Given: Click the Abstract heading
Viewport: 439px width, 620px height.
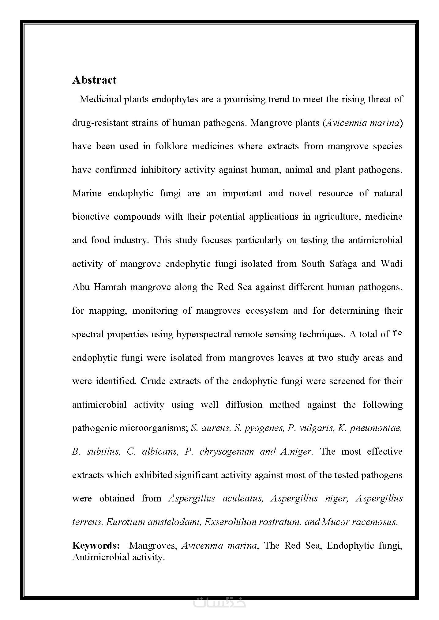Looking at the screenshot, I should coord(94,80).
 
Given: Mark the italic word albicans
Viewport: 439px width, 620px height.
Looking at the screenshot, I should coord(160,452).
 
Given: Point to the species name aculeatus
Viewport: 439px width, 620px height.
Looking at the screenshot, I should coord(242,498).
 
